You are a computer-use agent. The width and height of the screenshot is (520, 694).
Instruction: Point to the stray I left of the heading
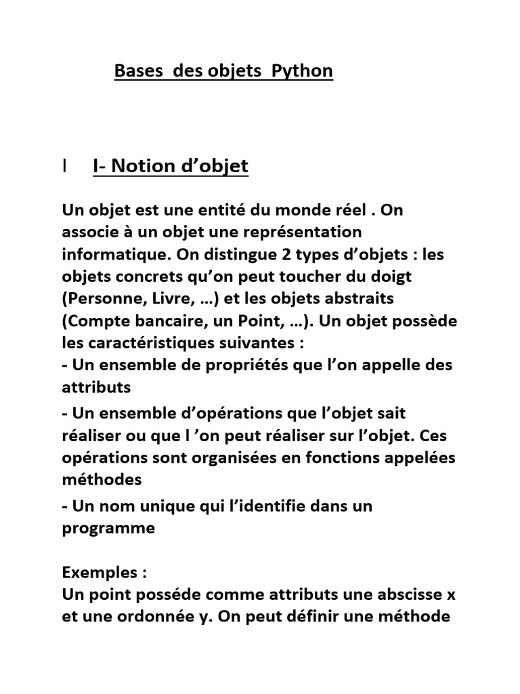64,166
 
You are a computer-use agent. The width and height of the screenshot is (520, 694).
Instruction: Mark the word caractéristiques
148,343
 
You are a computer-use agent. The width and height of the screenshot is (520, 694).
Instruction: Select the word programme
108,529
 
